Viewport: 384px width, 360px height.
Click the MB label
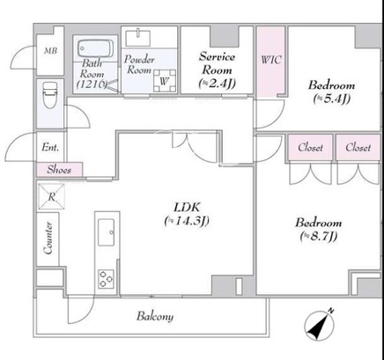pos(50,51)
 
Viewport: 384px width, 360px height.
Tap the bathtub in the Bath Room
pos(95,48)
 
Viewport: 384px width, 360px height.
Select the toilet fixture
pos(50,94)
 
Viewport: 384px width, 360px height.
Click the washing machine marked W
pos(165,81)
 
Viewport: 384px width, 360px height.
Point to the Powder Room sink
pos(138,38)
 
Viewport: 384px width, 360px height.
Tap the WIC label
pos(271,60)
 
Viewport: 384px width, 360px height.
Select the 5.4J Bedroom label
pos(331,92)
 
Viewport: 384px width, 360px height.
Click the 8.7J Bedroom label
pos(319,229)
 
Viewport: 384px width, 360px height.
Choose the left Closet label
pos(310,147)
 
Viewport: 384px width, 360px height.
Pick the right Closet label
pos(358,147)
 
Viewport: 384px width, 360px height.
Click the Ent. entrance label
pos(50,147)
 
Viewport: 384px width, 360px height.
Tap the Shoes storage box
pos(60,170)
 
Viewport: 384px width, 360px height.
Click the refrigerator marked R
pos(51,196)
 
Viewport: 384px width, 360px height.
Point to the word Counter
pos(48,238)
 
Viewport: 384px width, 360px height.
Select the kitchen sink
pos(107,232)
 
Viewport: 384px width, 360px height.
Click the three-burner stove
pos(107,279)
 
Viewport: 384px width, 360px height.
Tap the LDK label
pos(187,214)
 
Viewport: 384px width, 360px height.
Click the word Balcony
pos(155,316)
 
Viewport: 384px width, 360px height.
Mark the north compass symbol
pos(320,325)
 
